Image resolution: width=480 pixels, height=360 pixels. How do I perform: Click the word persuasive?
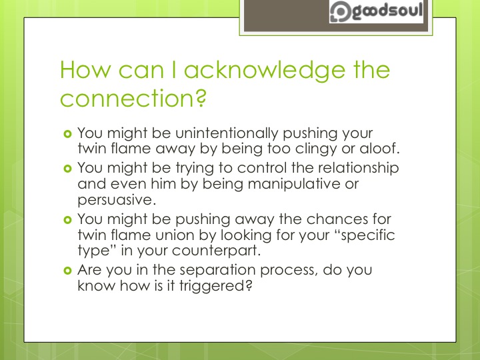pos(117,199)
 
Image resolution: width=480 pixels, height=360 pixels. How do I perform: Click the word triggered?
pos(218,286)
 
